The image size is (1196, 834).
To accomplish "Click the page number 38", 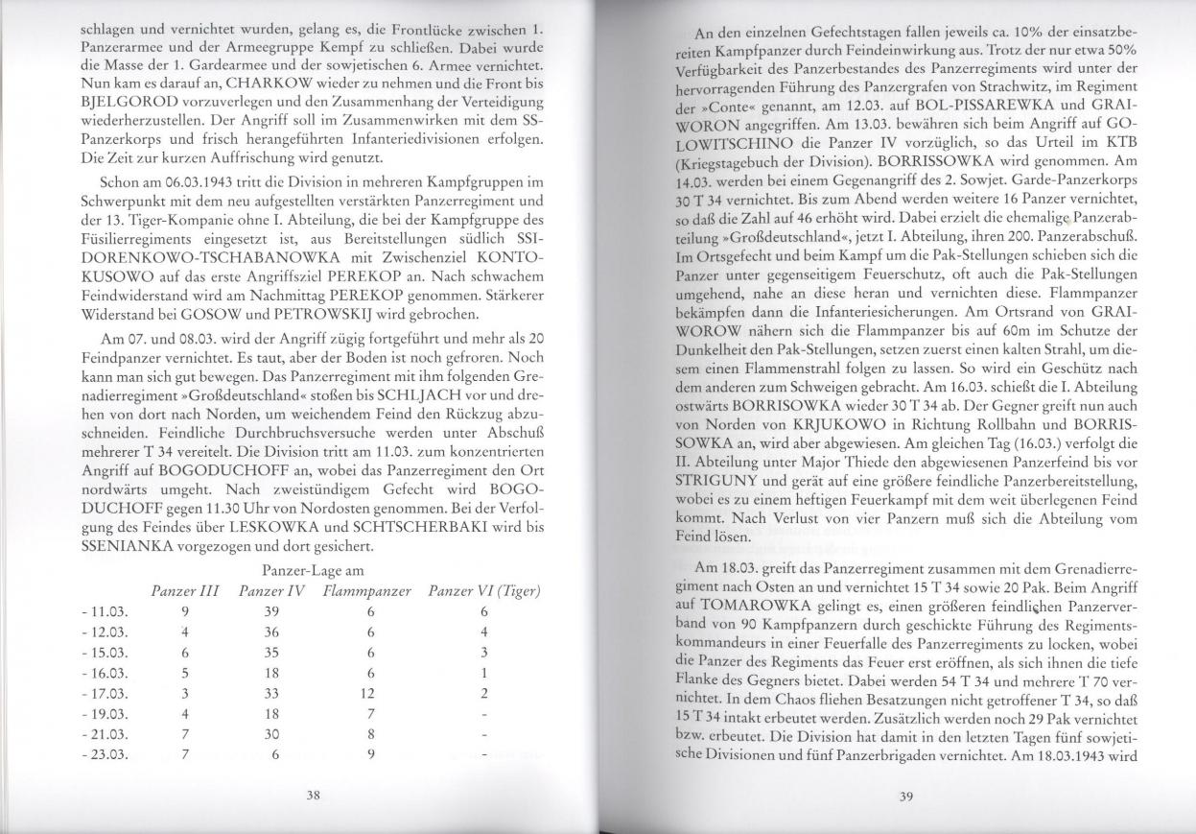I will click(312, 795).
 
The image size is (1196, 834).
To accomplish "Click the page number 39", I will click(907, 795).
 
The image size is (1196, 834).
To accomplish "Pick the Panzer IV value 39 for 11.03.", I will click(271, 610).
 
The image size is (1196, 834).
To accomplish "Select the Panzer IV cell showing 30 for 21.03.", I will click(271, 735).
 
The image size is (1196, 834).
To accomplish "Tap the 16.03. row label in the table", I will click(106, 673).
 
